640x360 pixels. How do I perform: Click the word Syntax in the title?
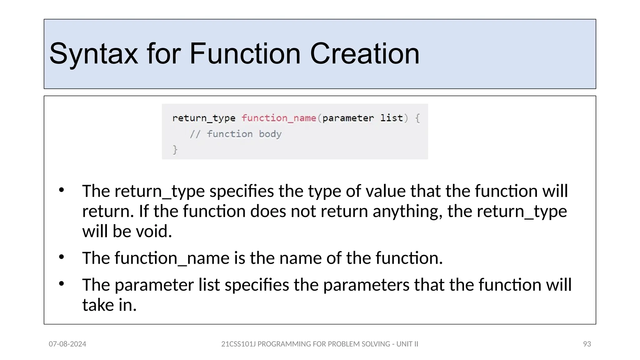point(93,54)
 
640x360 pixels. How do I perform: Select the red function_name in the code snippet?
point(278,118)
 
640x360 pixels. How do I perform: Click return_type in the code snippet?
point(203,118)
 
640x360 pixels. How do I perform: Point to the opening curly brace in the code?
point(417,118)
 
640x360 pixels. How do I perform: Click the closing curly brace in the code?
point(175,150)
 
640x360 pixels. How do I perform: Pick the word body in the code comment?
point(270,134)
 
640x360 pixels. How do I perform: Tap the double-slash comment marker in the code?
point(195,134)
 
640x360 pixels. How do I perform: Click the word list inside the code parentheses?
point(391,118)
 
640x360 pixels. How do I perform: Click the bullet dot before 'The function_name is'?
point(62,257)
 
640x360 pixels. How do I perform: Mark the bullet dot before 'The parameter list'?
point(62,284)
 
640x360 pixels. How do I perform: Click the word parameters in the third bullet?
point(366,285)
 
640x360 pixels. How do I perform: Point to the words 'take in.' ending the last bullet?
point(109,305)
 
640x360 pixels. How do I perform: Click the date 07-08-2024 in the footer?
point(67,344)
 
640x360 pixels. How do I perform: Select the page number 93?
point(587,344)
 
